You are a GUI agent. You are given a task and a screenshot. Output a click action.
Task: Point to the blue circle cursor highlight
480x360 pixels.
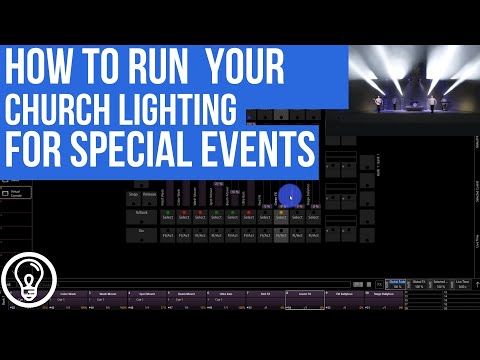[x=290, y=196]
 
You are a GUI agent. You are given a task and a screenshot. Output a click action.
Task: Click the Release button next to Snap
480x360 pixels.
[x=151, y=197]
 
